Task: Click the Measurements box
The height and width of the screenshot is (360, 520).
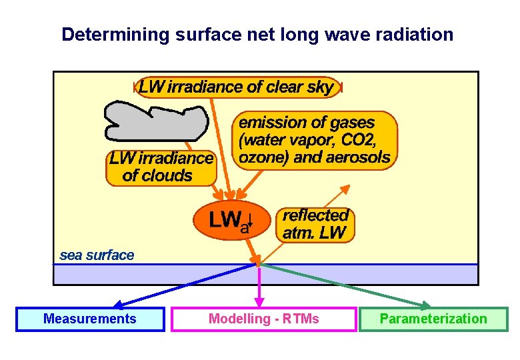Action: coord(90,319)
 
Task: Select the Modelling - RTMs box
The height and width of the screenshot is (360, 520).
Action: coord(263,319)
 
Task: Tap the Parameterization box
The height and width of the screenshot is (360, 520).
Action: coord(433,319)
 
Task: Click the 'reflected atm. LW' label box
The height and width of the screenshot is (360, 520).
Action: coord(315,224)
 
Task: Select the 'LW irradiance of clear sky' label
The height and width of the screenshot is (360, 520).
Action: coord(237,87)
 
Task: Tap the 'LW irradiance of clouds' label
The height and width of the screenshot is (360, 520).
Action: coord(161,167)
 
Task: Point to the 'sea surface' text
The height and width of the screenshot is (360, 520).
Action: coord(97,255)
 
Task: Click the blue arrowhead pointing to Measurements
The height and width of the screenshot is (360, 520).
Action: coord(116,305)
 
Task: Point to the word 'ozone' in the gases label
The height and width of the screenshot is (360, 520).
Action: coord(257,158)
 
